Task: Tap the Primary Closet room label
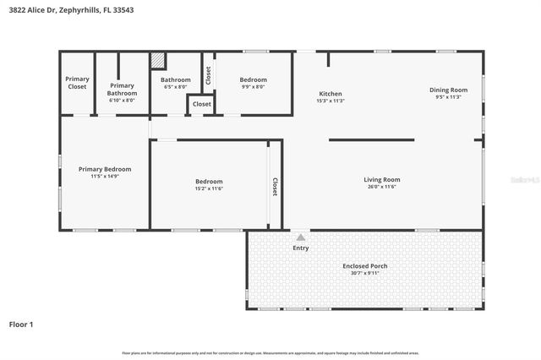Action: [77, 83]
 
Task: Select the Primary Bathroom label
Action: [122, 89]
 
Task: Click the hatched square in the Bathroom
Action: [158, 61]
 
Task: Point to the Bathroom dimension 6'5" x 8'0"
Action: [176, 87]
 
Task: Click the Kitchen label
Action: [330, 93]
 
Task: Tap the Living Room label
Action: [381, 179]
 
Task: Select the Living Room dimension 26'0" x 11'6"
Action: [381, 187]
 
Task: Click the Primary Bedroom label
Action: [105, 169]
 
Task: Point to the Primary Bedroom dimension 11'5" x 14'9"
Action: [105, 177]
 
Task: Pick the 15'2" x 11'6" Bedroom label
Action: [209, 182]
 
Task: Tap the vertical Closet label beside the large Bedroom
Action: [275, 186]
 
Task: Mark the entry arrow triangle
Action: [300, 237]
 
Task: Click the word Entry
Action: [300, 248]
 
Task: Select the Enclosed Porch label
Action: [365, 266]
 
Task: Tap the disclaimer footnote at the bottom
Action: [270, 352]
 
